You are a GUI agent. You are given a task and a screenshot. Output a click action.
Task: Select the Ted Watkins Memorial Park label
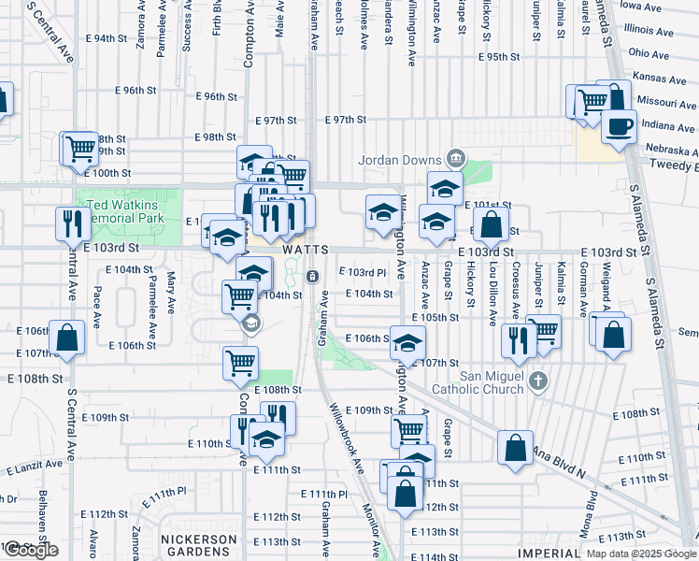coord(125,211)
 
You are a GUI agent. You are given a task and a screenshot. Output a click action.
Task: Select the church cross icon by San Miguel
coord(536,381)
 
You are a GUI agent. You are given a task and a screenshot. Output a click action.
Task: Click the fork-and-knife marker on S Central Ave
coord(69,224)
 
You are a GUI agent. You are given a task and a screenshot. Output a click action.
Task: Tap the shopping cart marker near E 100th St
coord(80,149)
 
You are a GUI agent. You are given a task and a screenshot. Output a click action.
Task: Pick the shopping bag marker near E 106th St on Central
coord(66,340)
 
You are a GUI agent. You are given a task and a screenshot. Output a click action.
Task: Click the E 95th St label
coord(498,57)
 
